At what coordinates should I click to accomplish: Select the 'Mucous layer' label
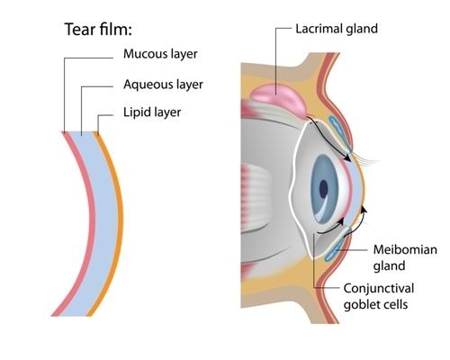pos(159,53)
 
